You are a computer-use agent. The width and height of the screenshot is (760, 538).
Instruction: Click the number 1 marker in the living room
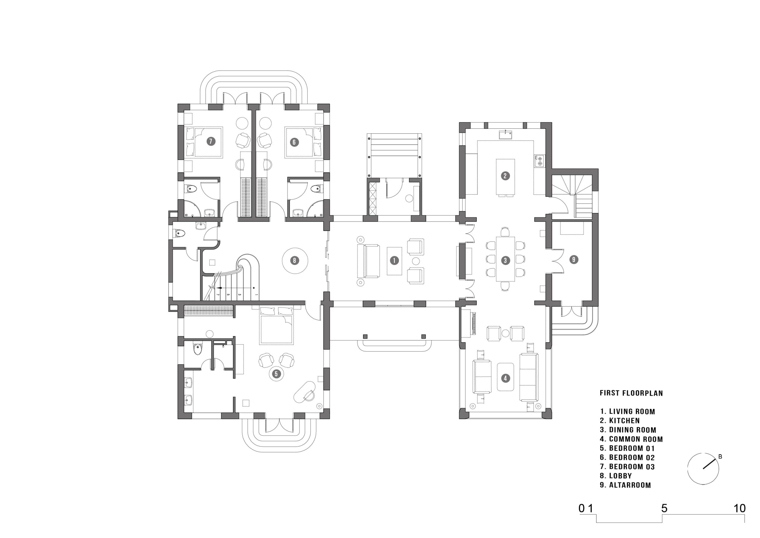point(394,261)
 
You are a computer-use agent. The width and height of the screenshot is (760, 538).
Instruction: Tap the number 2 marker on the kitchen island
point(505,176)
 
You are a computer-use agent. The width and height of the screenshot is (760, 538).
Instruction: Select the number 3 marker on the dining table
point(505,261)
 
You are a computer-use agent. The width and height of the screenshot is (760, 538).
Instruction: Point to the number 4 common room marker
point(505,378)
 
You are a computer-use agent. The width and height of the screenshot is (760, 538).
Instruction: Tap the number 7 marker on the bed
point(210,141)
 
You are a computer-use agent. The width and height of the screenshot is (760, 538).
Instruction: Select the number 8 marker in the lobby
point(294,261)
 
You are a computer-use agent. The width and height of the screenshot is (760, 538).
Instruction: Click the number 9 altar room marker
point(574,259)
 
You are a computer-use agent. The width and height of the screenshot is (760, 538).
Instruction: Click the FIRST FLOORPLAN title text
point(631,393)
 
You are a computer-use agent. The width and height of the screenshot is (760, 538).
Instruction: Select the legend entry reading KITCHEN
point(624,421)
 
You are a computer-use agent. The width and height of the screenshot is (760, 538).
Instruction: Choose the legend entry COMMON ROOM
point(636,439)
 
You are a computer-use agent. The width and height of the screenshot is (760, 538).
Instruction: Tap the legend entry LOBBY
point(620,476)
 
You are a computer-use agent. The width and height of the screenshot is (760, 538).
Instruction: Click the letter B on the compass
point(720,457)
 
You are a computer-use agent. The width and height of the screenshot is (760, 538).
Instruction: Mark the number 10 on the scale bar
point(740,509)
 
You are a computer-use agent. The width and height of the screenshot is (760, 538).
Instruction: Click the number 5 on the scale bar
point(664,509)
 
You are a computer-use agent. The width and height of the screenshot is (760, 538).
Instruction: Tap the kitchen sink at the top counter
point(506,134)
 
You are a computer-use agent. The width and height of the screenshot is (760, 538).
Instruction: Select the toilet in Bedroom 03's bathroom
point(191,189)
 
